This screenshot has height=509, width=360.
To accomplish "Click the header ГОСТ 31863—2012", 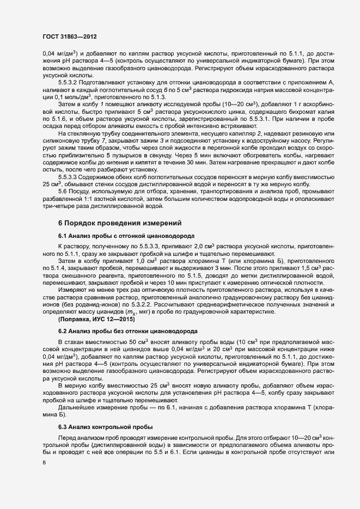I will [70, 37].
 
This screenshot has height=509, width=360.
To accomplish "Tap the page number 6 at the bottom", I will [44, 462].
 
